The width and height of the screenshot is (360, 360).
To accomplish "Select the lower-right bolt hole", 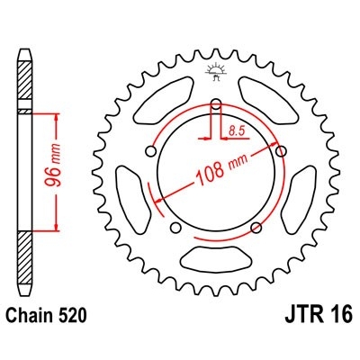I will (x=256, y=226).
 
